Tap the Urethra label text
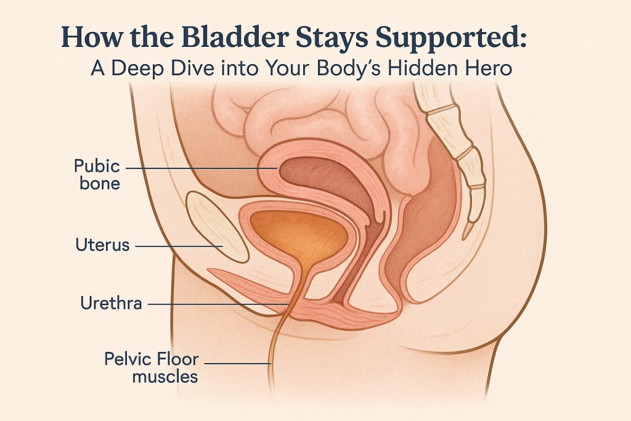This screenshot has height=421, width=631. (x=111, y=303)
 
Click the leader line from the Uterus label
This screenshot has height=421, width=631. (x=179, y=246)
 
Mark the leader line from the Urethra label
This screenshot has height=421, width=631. (x=216, y=303)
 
